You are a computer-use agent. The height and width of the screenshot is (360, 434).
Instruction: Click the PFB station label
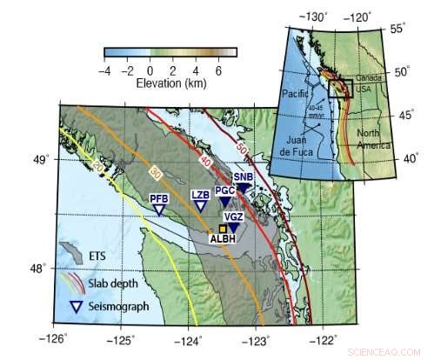[x=158, y=198]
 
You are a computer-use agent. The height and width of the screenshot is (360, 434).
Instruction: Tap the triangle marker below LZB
[x=199, y=207]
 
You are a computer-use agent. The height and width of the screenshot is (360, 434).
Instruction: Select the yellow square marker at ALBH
[x=223, y=228]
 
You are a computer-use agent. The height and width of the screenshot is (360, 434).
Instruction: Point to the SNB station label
[x=243, y=177]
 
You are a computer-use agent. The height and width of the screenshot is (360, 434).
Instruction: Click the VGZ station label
[x=233, y=217]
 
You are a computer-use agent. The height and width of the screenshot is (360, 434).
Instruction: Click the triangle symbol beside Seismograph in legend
[x=75, y=306]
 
